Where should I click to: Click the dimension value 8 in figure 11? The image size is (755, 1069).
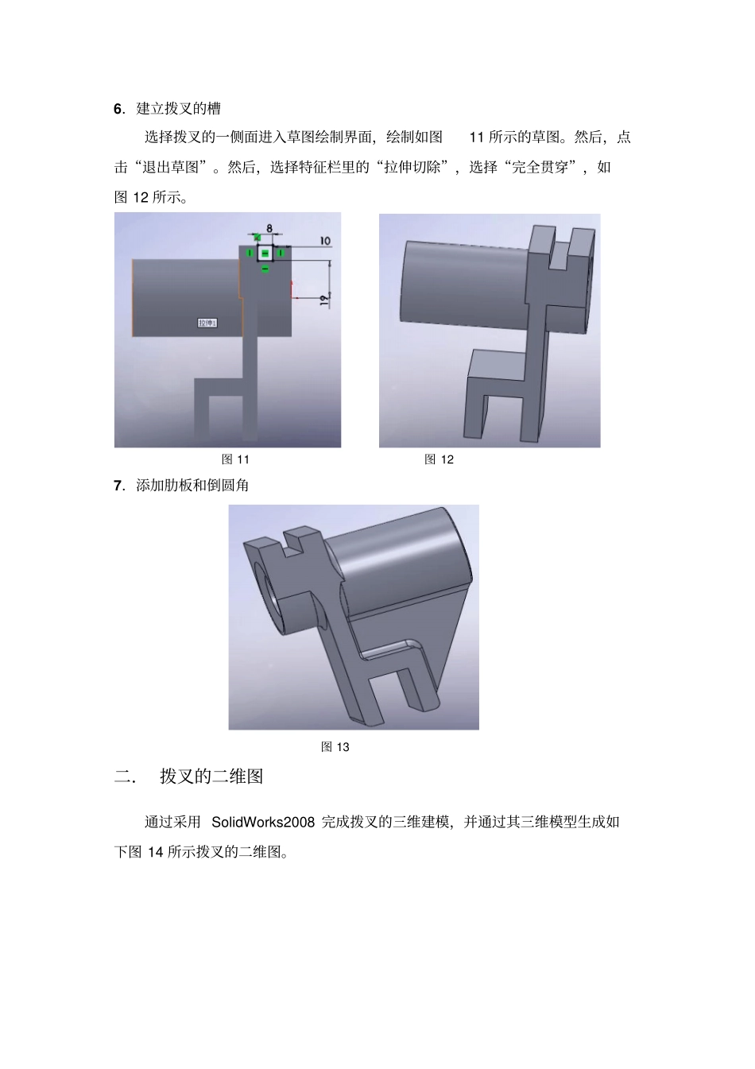pyautogui.click(x=269, y=228)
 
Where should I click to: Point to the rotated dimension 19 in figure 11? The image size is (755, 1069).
pyautogui.click(x=323, y=299)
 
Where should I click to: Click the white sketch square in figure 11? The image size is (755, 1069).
pyautogui.click(x=265, y=254)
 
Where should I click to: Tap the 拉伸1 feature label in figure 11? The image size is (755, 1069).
pyautogui.click(x=208, y=322)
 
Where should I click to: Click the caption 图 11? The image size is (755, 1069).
pyautogui.click(x=235, y=459)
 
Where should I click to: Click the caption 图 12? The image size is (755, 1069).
pyautogui.click(x=439, y=459)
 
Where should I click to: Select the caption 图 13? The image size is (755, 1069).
pyautogui.click(x=335, y=747)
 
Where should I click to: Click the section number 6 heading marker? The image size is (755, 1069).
pyautogui.click(x=118, y=109)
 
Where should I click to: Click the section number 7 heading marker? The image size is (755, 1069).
pyautogui.click(x=118, y=486)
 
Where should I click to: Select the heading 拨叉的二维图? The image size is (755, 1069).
pyautogui.click(x=211, y=777)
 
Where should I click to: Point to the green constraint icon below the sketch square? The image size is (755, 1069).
pyautogui.click(x=265, y=269)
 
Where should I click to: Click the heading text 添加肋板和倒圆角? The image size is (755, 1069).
pyautogui.click(x=192, y=486)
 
